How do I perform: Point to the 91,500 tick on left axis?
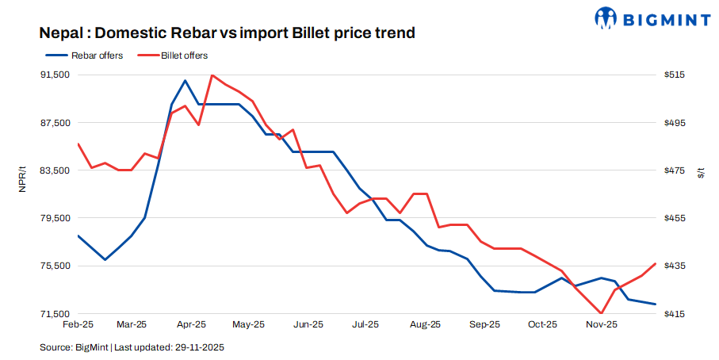(x=55, y=75)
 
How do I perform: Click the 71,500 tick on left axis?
(x=55, y=314)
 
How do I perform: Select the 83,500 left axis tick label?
(x=55, y=170)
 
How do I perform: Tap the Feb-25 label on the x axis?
(x=78, y=324)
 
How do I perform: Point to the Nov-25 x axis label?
(x=601, y=324)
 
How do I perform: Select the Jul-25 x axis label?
(x=365, y=324)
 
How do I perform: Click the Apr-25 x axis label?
(x=191, y=324)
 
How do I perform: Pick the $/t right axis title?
(x=701, y=174)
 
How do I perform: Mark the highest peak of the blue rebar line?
(x=185, y=81)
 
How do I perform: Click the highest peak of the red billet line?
(x=212, y=75)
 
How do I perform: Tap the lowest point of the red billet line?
(x=602, y=313)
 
